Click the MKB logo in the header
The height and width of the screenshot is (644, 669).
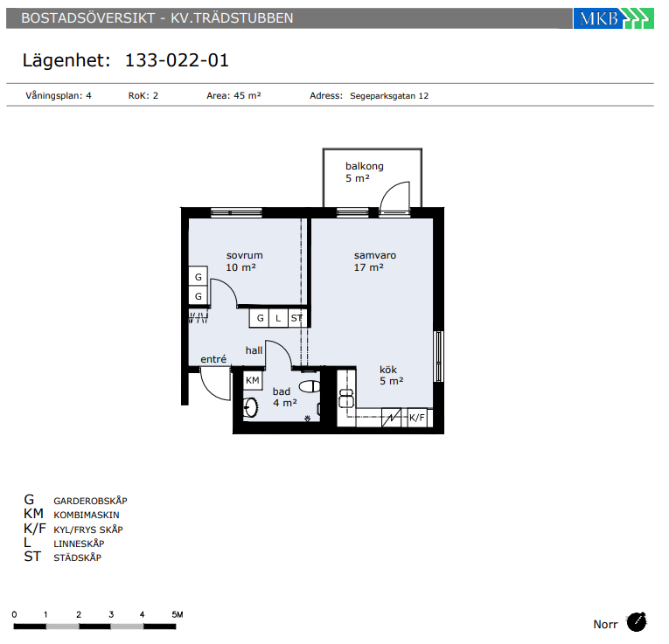(613, 18)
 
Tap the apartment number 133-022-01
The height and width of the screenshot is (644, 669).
(177, 60)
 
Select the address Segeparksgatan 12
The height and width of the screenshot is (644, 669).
(389, 96)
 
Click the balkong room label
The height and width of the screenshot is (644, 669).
(365, 166)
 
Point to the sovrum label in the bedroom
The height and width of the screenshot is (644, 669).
(245, 255)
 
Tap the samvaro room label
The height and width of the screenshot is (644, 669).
(375, 255)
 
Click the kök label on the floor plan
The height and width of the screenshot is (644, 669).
(388, 370)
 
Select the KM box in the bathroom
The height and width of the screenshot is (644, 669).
(253, 380)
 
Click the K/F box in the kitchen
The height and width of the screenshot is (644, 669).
(417, 418)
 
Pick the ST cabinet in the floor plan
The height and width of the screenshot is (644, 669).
(297, 318)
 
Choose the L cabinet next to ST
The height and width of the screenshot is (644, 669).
(278, 318)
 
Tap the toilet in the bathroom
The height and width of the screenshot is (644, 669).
(310, 386)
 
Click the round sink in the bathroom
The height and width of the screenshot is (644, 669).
(250, 407)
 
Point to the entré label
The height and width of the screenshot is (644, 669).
(213, 359)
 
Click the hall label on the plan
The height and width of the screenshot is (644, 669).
(254, 350)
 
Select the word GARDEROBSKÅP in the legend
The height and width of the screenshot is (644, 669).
(90, 501)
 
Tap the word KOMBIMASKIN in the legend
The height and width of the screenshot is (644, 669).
(87, 516)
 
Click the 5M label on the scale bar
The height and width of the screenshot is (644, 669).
(178, 614)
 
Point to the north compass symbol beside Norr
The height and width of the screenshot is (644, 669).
(637, 622)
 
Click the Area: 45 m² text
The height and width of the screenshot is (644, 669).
(233, 95)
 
